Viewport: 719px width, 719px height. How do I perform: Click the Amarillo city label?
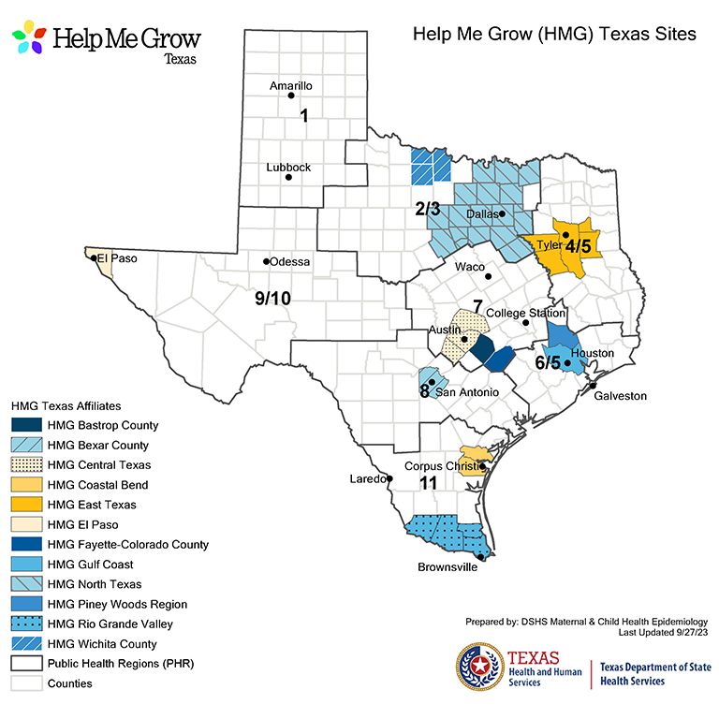[x=290, y=85]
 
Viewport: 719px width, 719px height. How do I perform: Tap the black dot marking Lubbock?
[x=288, y=177]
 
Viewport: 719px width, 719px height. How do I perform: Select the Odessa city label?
[x=289, y=261]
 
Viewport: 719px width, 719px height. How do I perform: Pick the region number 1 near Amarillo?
[x=304, y=115]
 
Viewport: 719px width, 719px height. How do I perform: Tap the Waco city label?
[x=469, y=267]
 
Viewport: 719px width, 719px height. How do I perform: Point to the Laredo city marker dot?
[x=390, y=478]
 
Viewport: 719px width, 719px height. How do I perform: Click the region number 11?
[x=429, y=483]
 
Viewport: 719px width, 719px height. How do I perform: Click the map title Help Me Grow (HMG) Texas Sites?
[x=554, y=35]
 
